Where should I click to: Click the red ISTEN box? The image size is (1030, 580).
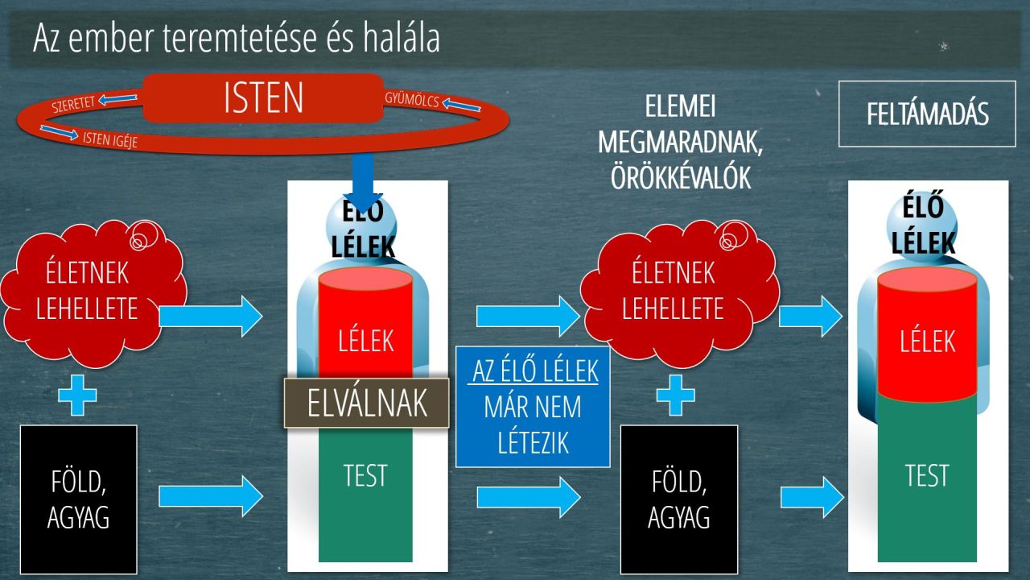point(263,97)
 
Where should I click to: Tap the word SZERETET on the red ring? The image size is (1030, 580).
point(72,104)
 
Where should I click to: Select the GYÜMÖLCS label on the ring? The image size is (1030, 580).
point(412,99)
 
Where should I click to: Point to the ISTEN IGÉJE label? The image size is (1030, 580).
point(110,139)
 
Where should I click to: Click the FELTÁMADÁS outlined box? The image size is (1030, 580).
point(927,114)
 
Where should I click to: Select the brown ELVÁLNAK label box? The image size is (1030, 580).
point(366,403)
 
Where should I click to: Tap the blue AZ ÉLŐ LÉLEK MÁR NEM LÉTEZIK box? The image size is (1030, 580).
point(533,407)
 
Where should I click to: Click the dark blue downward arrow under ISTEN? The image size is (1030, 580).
point(363,183)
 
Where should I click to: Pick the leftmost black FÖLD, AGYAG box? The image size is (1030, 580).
point(79,499)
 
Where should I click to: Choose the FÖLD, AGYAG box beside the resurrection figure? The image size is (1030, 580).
point(679,499)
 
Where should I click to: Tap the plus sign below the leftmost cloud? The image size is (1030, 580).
point(78,396)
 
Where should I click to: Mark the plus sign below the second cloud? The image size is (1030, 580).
point(675,396)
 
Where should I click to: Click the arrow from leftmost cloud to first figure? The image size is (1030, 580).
point(211,317)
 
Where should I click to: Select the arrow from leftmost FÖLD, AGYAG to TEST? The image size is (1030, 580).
point(211,496)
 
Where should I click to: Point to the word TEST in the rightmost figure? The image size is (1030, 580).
point(928,475)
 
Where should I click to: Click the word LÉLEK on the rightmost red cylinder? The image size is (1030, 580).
point(928,341)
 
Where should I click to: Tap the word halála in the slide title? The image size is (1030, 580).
point(401,38)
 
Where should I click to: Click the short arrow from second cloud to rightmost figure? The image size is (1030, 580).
point(810,317)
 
